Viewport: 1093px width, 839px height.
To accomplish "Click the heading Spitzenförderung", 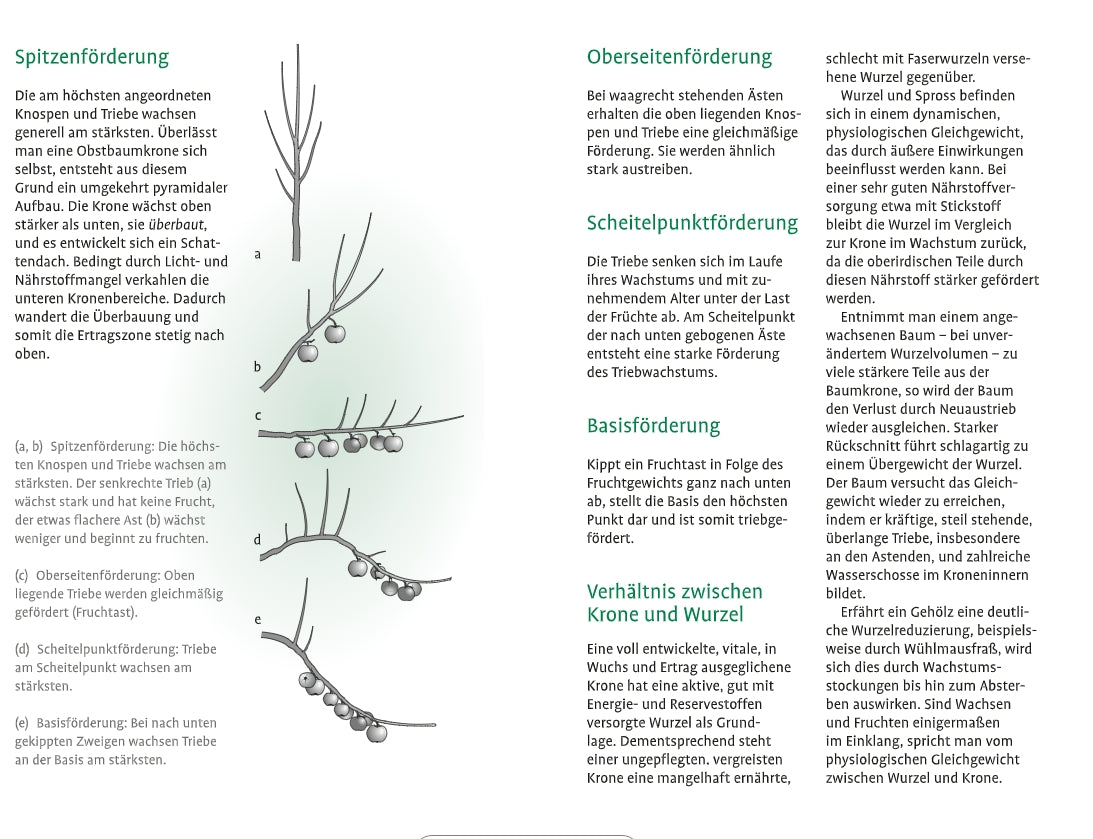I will click(92, 57).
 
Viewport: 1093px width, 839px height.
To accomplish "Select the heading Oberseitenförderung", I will click(679, 57).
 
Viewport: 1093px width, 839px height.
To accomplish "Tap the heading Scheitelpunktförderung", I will click(692, 223).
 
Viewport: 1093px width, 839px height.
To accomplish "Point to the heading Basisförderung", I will click(653, 426).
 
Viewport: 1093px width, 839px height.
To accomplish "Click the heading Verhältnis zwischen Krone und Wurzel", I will click(674, 603).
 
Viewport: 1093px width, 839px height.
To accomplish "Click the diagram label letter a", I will click(258, 255).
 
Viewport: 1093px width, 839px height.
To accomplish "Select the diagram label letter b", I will click(257, 367).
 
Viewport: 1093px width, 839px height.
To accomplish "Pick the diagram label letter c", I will click(258, 416).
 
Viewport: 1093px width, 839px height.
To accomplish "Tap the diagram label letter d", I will click(257, 540).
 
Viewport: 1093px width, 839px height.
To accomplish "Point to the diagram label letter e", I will click(257, 620).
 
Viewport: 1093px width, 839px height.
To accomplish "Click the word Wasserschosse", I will click(868, 575).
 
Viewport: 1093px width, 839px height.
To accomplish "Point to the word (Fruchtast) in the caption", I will click(104, 612).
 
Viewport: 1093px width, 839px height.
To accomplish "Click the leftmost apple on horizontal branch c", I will click(305, 449).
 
